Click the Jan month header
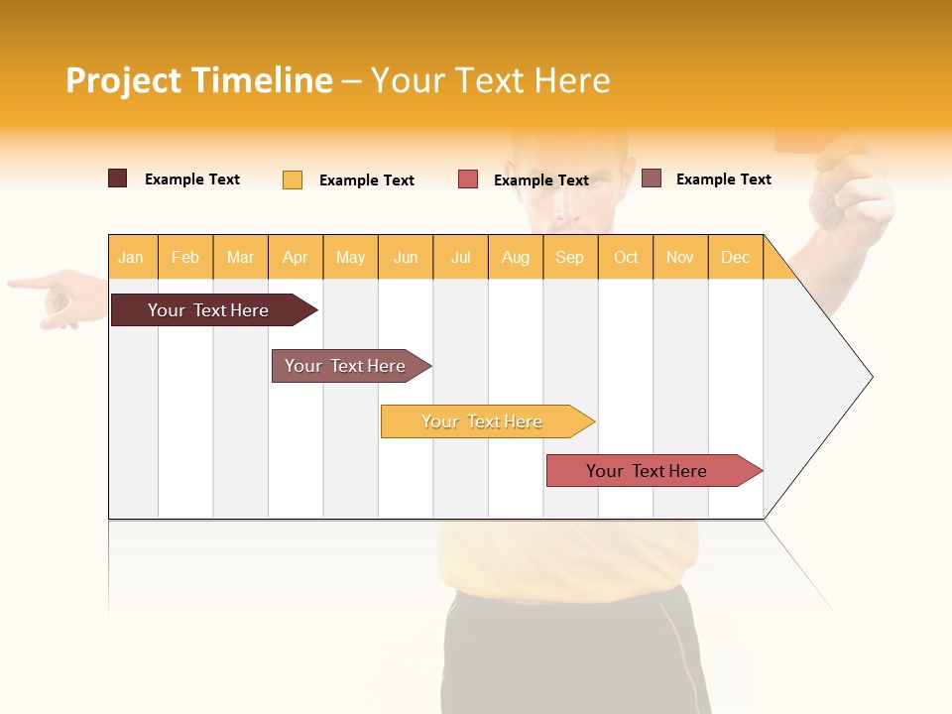click(131, 258)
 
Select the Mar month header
click(240, 258)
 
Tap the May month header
click(350, 258)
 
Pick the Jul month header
click(460, 258)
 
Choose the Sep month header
click(569, 258)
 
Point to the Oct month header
click(626, 258)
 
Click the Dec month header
click(735, 258)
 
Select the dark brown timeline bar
click(209, 310)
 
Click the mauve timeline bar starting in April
click(346, 366)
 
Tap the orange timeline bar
click(483, 421)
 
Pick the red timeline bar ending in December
click(648, 471)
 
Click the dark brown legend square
click(118, 178)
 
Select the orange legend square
click(293, 179)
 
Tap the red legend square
click(468, 179)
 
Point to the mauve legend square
click(652, 178)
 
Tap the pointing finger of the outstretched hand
click(25, 284)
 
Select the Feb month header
click(185, 258)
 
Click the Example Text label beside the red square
click(541, 180)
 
